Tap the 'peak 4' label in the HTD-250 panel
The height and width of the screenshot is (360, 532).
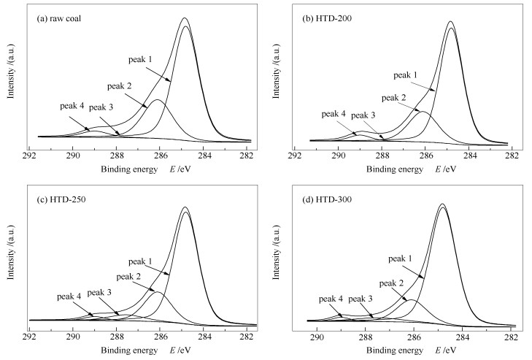click(71, 296)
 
